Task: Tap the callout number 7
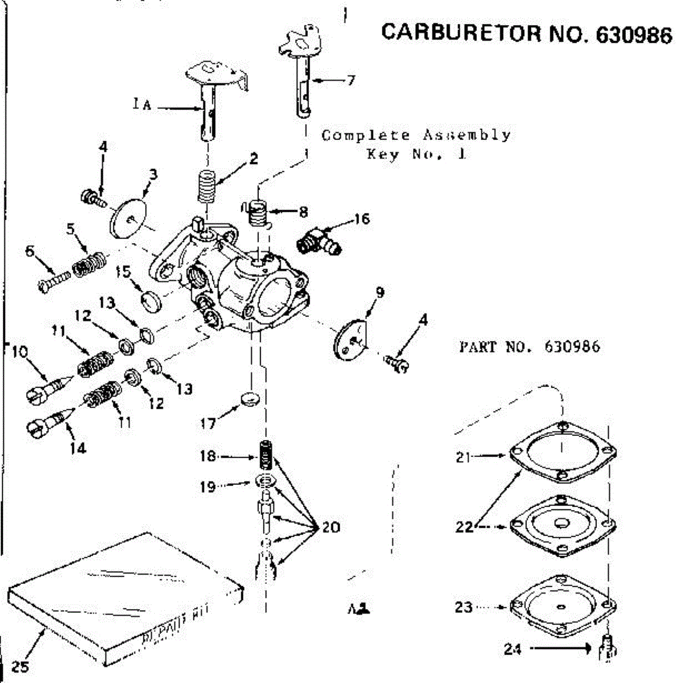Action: pyautogui.click(x=351, y=80)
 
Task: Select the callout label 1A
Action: pyautogui.click(x=142, y=105)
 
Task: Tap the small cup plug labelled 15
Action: pyautogui.click(x=152, y=300)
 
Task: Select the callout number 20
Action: pyautogui.click(x=331, y=528)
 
